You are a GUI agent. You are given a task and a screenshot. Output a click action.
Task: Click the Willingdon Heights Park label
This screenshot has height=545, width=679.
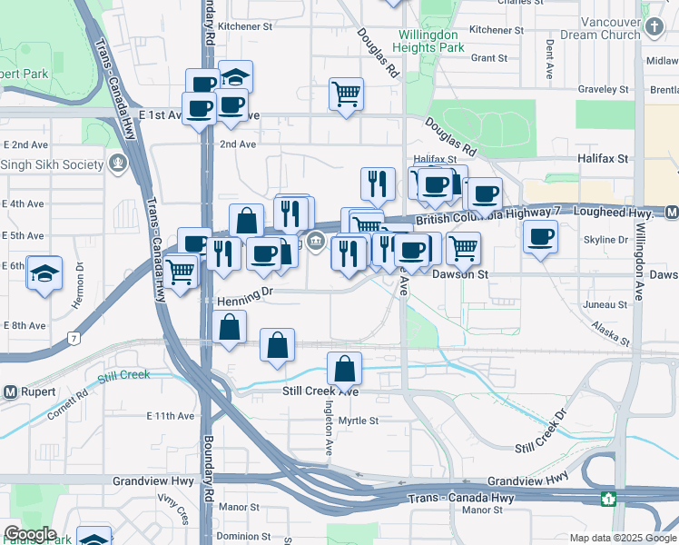[x=431, y=41]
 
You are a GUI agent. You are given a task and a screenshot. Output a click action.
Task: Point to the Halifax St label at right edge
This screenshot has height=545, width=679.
[x=603, y=158]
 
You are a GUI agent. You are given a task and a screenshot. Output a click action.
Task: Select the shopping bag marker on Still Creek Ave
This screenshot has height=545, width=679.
[x=344, y=369]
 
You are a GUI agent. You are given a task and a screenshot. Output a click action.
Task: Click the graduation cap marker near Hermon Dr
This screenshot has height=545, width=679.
[x=44, y=272]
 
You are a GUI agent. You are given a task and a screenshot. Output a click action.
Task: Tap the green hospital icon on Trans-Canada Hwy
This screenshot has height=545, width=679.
[x=607, y=499]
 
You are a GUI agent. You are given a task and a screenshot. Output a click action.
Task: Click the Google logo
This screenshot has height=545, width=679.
[x=29, y=534]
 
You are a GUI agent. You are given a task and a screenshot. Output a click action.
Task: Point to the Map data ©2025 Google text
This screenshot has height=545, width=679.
[x=622, y=538]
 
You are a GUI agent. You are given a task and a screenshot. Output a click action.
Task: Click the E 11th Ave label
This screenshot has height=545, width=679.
[x=171, y=416]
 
